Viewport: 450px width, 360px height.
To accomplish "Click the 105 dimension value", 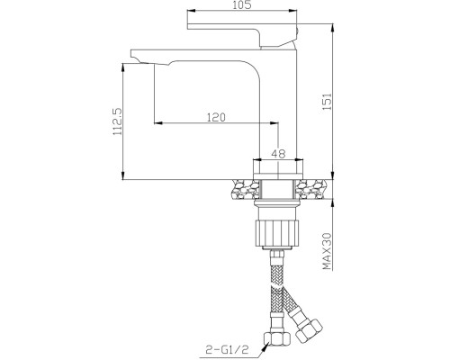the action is (x=241, y=4).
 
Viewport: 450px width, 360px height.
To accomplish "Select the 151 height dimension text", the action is (x=328, y=102).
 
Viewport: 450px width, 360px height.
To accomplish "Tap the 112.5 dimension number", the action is (x=118, y=121).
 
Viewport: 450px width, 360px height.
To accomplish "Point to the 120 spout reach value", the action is (x=216, y=117).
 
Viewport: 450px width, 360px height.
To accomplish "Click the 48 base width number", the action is (x=278, y=154).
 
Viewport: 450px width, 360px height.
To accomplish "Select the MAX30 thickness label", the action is (x=327, y=251).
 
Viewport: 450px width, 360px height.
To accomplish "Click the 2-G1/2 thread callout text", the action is (x=227, y=350).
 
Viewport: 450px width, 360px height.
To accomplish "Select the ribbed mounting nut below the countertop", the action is (x=277, y=233).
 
